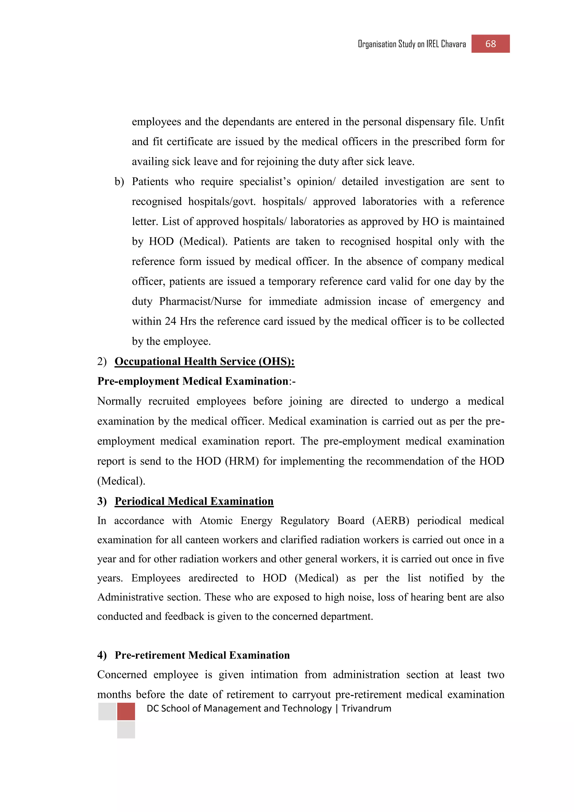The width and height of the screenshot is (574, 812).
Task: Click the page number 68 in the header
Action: (490, 44)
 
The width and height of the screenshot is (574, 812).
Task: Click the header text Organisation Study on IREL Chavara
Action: (412, 44)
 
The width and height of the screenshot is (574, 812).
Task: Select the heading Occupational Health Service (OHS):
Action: (204, 361)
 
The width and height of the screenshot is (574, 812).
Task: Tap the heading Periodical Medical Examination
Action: (194, 501)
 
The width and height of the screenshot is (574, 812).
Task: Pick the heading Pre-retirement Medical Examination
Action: (202, 655)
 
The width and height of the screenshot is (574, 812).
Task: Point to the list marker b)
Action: (119, 182)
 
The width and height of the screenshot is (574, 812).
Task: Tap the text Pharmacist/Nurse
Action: (200, 301)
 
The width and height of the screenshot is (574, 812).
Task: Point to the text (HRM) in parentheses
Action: (242, 461)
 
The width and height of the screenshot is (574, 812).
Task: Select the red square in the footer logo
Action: (126, 712)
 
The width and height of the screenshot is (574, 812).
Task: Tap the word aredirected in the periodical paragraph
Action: (213, 578)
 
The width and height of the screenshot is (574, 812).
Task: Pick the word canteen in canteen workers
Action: (203, 540)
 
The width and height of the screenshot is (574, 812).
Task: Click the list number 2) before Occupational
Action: (102, 361)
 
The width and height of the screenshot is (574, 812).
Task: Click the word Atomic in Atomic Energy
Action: (216, 521)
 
